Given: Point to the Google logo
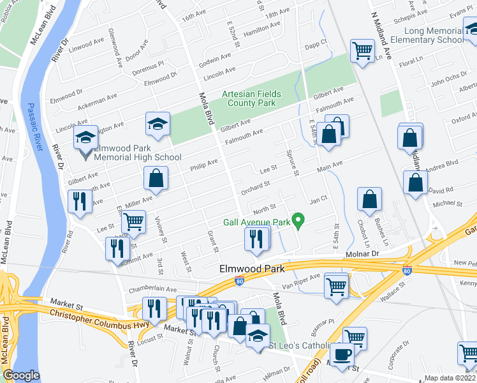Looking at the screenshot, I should point(21,375).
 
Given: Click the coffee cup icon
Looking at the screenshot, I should point(342,354).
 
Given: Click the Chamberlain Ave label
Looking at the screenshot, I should point(152,289).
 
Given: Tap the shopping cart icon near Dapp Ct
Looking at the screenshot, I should point(362,50).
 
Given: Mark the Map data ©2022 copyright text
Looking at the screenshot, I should point(451,378).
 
